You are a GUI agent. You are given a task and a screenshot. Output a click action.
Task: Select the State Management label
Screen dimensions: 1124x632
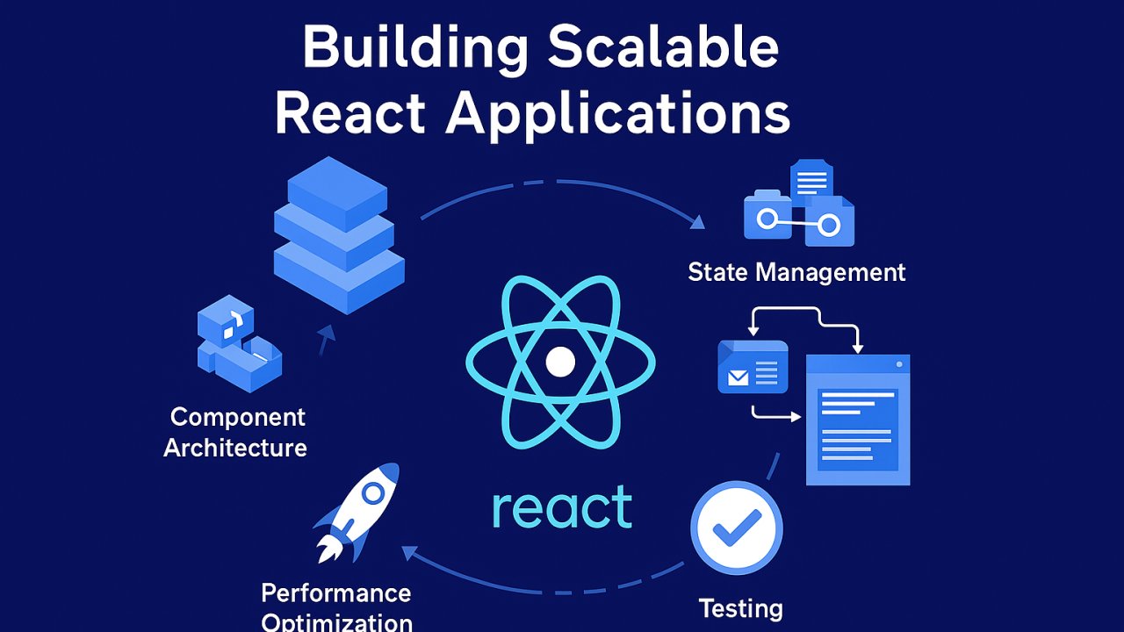[x=796, y=272]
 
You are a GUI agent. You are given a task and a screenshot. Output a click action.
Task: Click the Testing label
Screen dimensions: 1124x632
[x=740, y=607]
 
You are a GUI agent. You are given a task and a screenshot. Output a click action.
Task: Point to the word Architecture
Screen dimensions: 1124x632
[x=235, y=448]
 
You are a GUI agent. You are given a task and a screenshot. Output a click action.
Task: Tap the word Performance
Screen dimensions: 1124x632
[x=336, y=593]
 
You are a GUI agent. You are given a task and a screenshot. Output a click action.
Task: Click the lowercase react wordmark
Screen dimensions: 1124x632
[x=562, y=508]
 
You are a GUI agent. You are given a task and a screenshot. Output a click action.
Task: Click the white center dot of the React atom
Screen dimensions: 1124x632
[x=560, y=362]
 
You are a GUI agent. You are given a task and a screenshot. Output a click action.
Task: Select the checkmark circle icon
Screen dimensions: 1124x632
[x=736, y=528]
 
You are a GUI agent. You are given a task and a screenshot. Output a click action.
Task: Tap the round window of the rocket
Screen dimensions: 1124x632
[x=373, y=494]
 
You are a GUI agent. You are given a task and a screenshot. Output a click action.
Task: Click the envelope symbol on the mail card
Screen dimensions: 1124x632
[x=739, y=378]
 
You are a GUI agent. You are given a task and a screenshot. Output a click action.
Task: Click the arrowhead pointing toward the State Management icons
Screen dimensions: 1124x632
[x=697, y=222]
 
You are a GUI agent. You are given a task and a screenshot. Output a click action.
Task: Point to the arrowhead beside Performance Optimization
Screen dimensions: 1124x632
[x=408, y=552]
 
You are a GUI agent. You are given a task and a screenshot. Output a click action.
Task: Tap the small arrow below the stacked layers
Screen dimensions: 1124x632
[x=327, y=337]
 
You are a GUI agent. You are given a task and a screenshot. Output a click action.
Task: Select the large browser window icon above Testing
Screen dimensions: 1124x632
[x=858, y=420]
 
